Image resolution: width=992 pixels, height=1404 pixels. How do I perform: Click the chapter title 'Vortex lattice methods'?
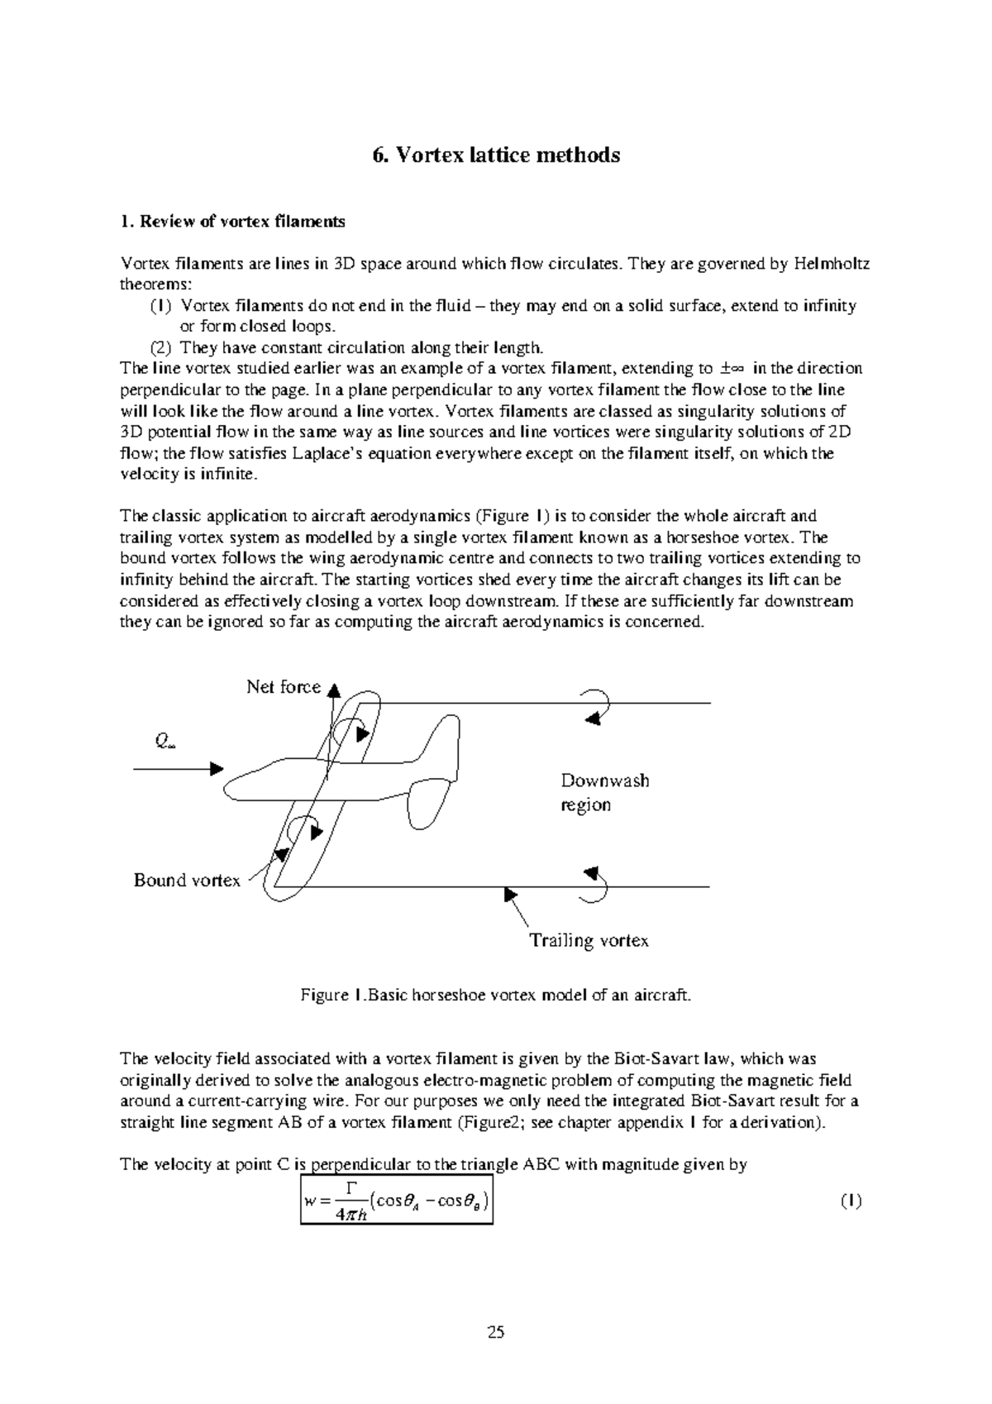click(495, 155)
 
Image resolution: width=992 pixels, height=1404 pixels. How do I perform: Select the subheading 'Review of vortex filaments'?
click(232, 222)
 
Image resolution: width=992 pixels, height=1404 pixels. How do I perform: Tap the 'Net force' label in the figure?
click(283, 687)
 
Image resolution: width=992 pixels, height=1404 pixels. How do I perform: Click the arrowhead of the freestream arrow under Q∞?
click(217, 769)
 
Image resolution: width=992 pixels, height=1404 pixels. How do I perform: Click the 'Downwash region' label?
click(604, 792)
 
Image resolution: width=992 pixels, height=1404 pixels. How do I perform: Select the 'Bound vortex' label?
click(187, 881)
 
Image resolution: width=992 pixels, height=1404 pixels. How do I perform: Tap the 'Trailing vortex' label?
click(589, 940)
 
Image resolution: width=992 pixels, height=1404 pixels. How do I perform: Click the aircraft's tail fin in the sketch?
click(438, 736)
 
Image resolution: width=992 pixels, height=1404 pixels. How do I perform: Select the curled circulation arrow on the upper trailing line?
click(597, 707)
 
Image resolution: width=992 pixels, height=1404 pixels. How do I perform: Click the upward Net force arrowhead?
click(334, 690)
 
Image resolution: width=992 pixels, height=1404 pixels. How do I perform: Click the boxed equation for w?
click(397, 1201)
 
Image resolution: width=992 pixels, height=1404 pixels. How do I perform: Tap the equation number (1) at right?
click(851, 1201)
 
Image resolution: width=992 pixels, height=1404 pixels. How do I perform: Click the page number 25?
click(496, 1332)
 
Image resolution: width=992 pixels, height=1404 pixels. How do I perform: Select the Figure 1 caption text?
click(495, 996)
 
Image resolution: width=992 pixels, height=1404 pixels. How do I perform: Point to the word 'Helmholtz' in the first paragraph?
click(831, 264)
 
